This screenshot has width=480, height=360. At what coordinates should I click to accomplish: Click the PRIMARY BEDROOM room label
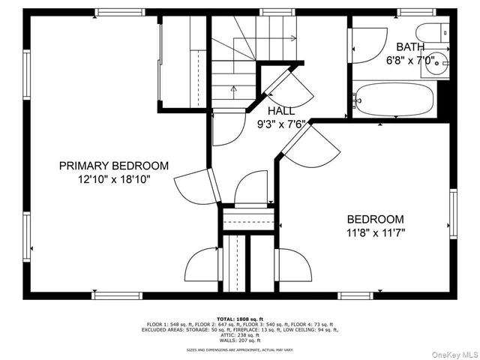(114, 166)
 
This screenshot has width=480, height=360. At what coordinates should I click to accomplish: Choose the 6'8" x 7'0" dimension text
(410, 61)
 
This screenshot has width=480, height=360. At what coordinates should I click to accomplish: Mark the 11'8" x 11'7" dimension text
(376, 233)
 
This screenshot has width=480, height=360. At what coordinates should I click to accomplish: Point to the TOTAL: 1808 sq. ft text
(240, 319)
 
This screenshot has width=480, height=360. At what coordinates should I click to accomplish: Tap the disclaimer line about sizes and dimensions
(240, 349)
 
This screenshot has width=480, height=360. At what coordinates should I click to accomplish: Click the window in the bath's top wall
(416, 12)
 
